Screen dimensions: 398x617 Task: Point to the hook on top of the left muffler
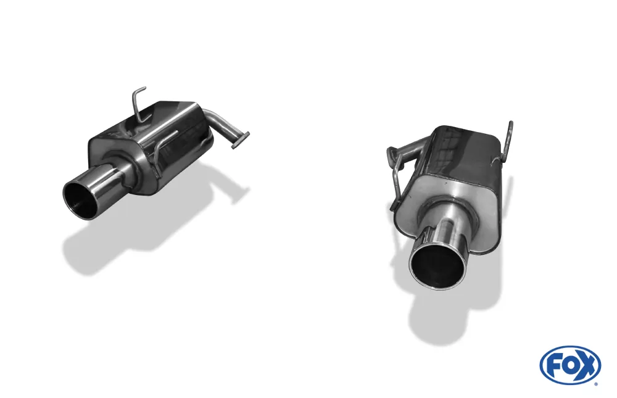point(140,102)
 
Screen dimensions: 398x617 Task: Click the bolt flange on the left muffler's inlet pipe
point(240,139)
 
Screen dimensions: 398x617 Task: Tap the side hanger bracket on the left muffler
point(162,151)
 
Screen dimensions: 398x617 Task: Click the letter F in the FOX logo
point(553,365)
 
